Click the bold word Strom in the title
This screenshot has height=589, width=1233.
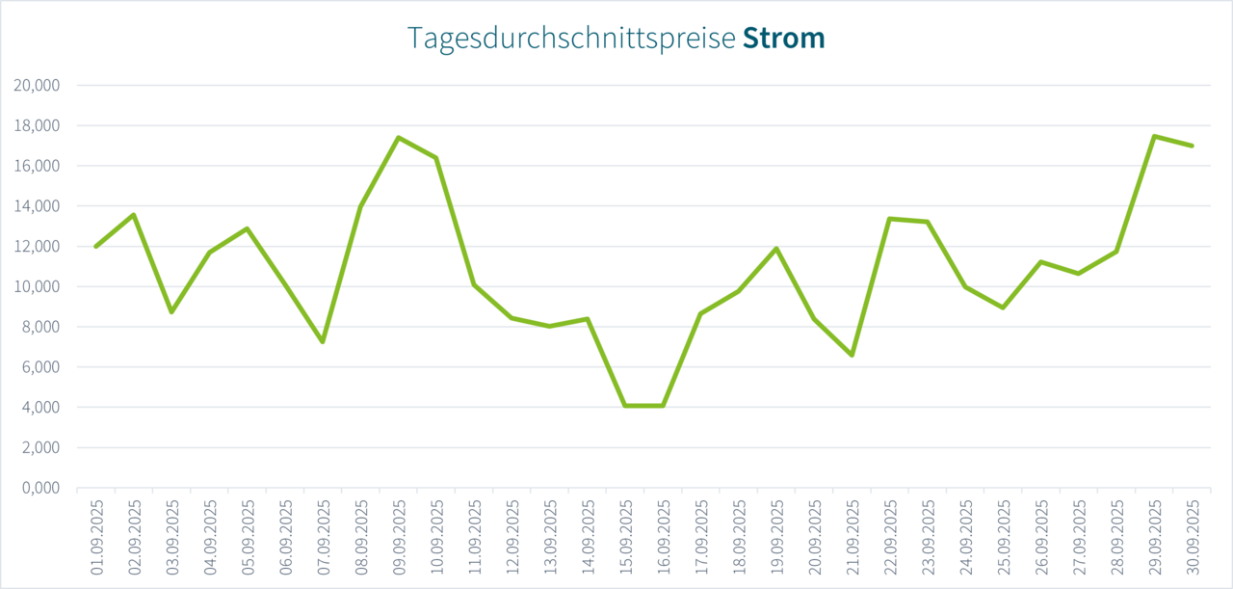(783, 38)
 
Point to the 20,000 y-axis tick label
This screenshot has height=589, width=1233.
(37, 85)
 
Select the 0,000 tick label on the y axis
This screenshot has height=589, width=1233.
(40, 488)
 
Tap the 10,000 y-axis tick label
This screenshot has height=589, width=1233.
(37, 286)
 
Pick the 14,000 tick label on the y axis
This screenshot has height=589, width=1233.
(37, 206)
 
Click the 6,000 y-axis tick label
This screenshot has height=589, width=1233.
(40, 367)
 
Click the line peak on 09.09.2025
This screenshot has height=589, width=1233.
(399, 137)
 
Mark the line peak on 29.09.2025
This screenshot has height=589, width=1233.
(1155, 136)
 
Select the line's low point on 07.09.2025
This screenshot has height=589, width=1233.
(323, 342)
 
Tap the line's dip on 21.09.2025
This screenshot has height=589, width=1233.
(853, 355)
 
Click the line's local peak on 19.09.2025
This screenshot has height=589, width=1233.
(776, 249)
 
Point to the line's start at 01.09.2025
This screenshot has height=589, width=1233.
(96, 247)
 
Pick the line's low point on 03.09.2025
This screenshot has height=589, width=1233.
(171, 312)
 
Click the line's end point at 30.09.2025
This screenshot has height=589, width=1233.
(1193, 146)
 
